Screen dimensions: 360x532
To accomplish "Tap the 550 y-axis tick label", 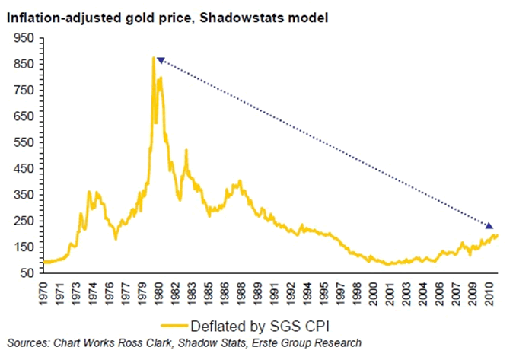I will click(x=27, y=142).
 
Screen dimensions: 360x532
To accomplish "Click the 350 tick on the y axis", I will click(x=27, y=193).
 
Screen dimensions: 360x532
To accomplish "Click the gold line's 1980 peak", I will click(x=154, y=58).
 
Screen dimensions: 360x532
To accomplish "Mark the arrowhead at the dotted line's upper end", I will click(x=160, y=60).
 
